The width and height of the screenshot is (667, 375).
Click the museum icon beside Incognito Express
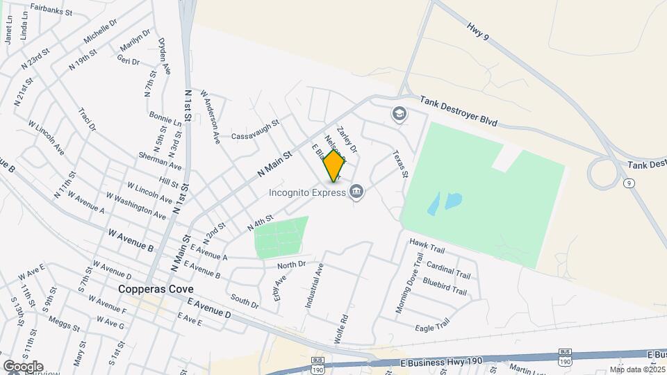(x=356, y=191)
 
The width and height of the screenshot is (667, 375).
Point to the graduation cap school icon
(x=399, y=113)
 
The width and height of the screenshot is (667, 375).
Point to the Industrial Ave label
(x=315, y=285)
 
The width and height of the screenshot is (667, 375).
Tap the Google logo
(x=23, y=366)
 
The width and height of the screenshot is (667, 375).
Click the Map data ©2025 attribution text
(x=636, y=369)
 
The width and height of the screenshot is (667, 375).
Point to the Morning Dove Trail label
(x=409, y=283)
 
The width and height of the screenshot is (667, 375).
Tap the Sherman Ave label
(x=159, y=161)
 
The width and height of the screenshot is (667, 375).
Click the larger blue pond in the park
(x=453, y=201)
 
